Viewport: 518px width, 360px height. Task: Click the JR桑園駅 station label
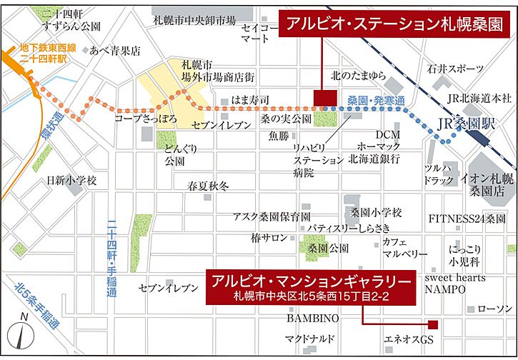point(466,121)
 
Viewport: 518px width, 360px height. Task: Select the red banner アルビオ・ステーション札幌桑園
point(394,24)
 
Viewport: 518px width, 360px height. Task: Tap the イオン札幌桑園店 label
point(489,184)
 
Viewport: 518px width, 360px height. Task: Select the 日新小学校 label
point(71,179)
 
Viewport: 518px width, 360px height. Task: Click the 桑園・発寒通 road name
point(375,101)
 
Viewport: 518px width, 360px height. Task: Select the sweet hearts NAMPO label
point(455,283)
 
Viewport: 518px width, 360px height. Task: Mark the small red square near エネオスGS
point(432,324)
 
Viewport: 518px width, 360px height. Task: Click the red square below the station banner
point(324,98)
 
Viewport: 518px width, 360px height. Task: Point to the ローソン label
point(494,309)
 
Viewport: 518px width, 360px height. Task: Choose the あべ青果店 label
point(114,51)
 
